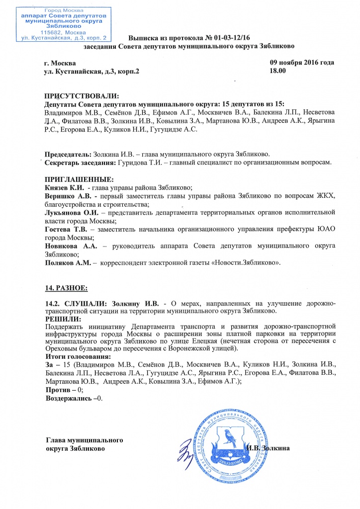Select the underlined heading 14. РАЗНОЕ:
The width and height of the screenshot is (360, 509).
[66, 288]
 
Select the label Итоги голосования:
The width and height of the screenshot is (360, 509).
[77, 357]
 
